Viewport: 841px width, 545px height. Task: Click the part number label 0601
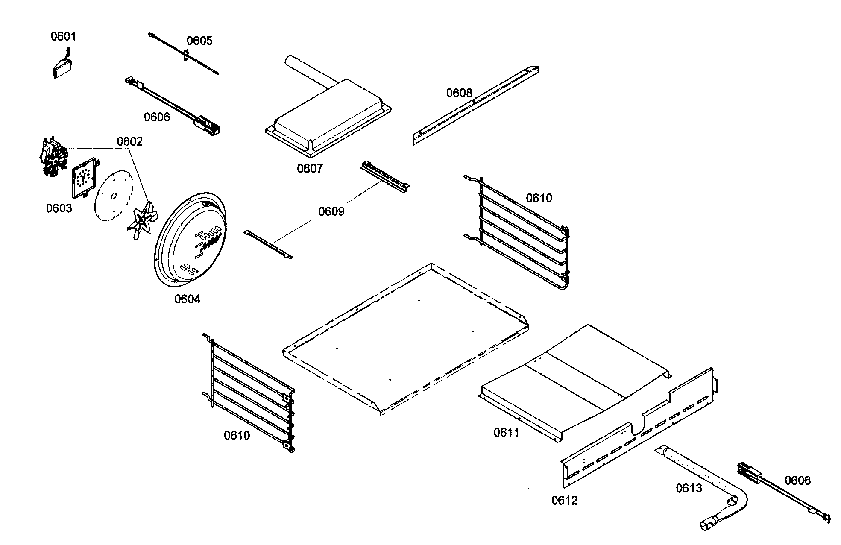63,36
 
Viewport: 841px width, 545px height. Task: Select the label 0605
199,41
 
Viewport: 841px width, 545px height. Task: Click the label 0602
129,141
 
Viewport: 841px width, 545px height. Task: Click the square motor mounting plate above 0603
83,177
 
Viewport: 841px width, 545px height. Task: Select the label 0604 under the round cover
187,299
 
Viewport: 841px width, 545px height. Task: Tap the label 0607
310,169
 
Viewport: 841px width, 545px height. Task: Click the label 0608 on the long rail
459,93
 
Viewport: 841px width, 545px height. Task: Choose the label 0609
331,211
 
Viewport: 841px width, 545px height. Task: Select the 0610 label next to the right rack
539,198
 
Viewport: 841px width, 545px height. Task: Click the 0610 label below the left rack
237,436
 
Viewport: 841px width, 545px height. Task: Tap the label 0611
506,433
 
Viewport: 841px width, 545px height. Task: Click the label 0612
564,501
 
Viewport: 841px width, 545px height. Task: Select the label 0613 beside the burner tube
689,488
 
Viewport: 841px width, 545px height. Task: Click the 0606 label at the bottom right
797,481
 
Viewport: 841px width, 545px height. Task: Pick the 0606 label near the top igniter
157,117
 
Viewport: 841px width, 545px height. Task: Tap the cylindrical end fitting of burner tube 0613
709,524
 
